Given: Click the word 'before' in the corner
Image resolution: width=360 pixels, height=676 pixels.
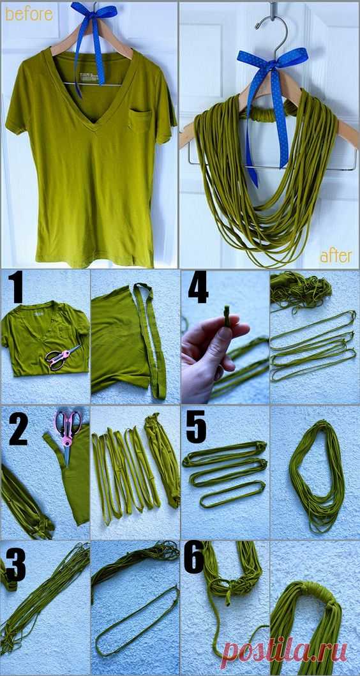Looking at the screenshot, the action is (x=29, y=14).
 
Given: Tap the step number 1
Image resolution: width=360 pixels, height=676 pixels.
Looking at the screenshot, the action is (x=17, y=286).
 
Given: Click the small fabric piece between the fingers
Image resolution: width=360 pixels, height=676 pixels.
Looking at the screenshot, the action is (x=227, y=316).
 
